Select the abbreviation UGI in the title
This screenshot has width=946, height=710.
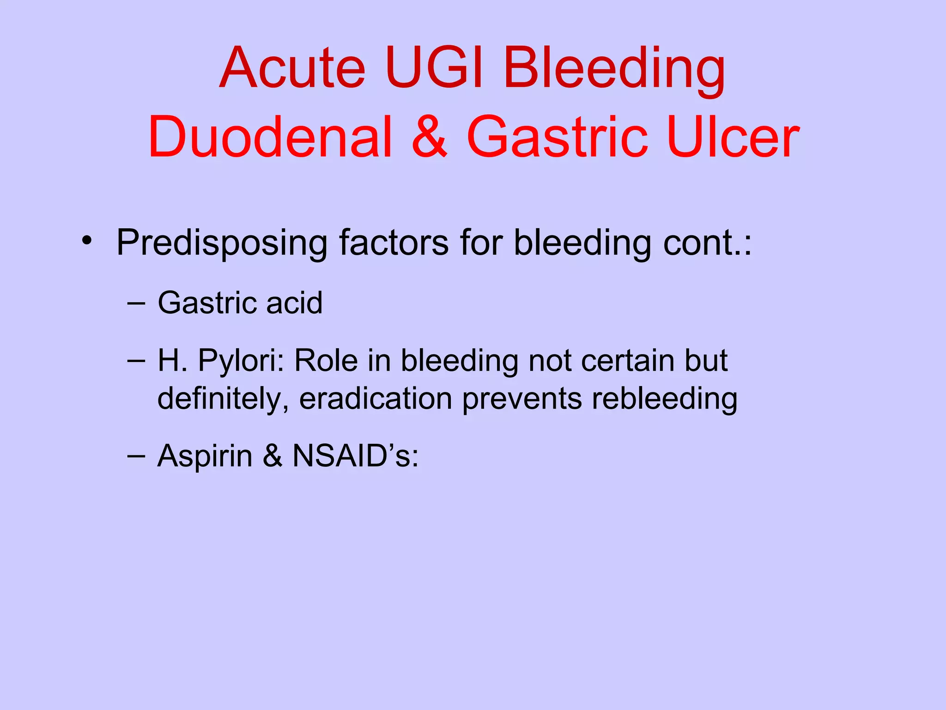coord(435,68)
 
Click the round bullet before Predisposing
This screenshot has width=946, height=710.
coord(86,241)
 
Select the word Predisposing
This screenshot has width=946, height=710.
coord(222,243)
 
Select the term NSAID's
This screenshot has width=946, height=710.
coord(355,456)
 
